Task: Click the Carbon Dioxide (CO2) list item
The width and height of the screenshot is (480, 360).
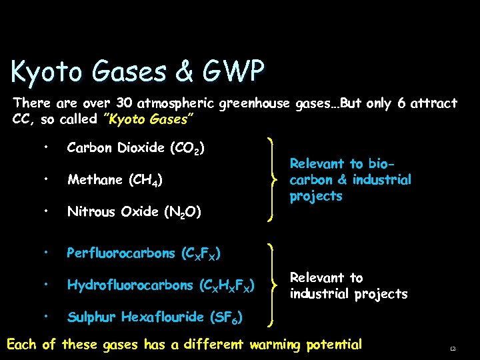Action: click(136, 148)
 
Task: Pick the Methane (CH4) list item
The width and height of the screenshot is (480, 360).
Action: click(115, 180)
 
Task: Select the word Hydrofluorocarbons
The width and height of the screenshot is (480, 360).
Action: click(130, 285)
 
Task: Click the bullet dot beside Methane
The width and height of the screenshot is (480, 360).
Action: click(45, 179)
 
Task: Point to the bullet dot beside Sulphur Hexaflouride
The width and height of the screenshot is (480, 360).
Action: click(45, 317)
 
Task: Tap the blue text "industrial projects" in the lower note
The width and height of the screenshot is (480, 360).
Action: click(348, 294)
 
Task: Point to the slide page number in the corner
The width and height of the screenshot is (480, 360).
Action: click(453, 347)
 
